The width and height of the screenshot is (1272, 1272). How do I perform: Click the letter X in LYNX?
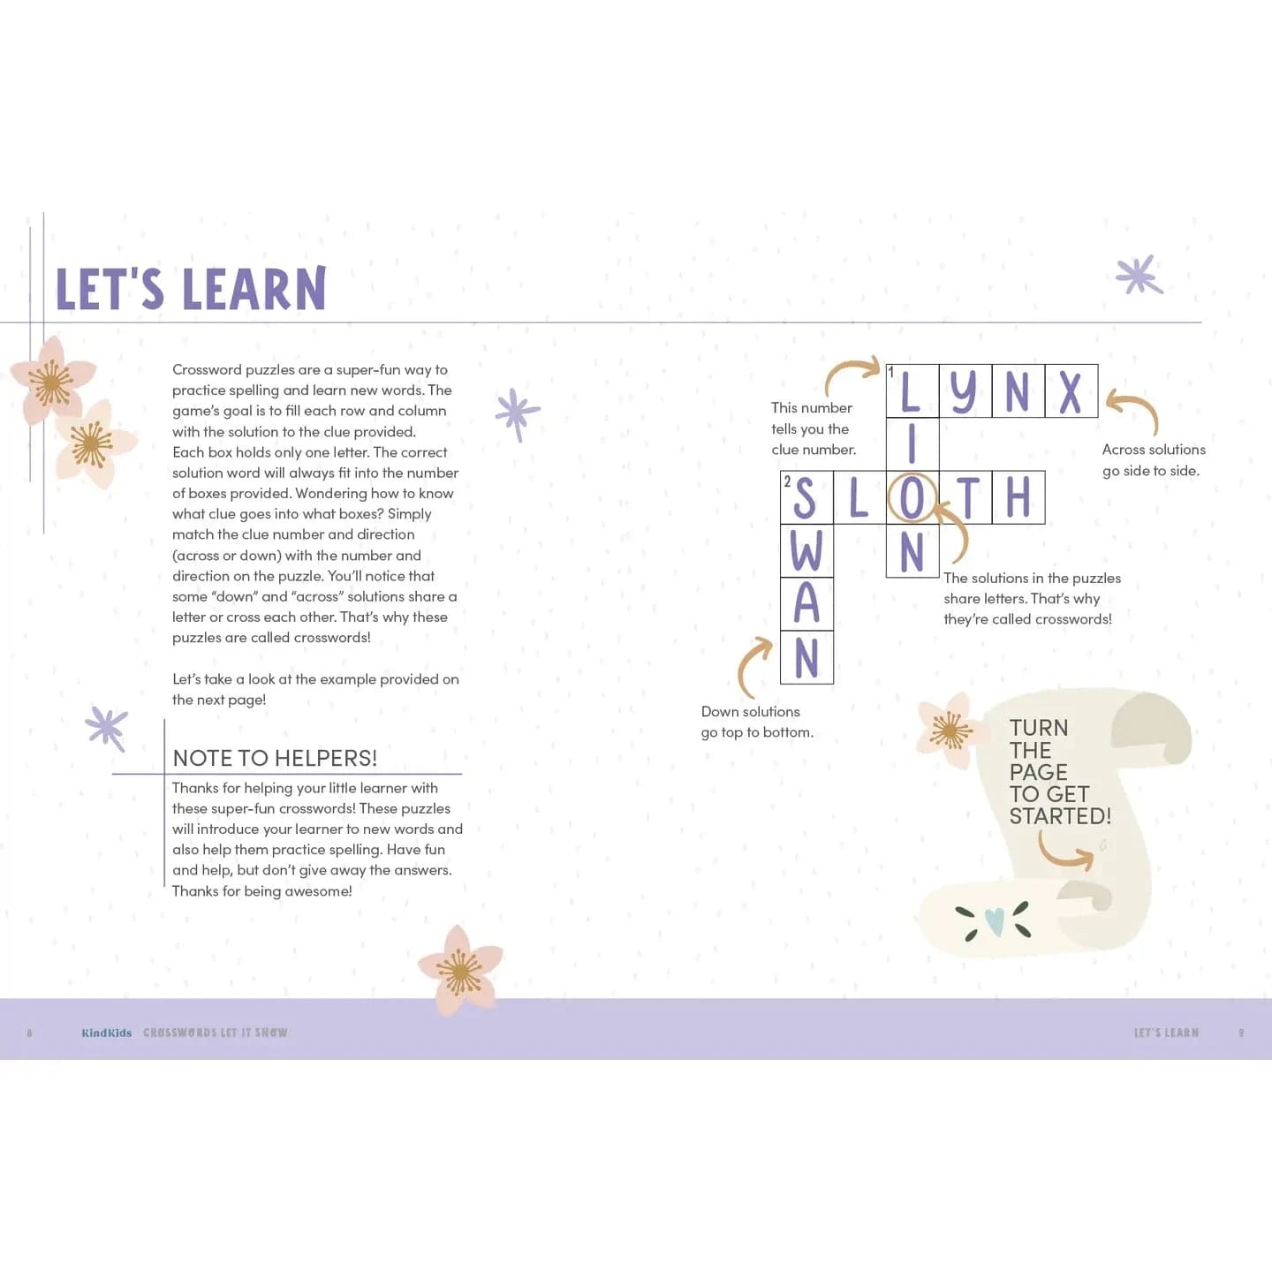(x=1071, y=391)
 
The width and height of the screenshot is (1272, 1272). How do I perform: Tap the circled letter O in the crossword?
(x=912, y=497)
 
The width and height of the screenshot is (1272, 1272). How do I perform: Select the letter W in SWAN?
(x=806, y=551)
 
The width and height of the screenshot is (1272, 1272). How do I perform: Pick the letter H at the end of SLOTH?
(x=1018, y=497)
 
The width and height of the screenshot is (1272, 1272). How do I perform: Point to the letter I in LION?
(x=912, y=444)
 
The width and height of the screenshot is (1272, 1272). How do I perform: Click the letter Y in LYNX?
(x=964, y=391)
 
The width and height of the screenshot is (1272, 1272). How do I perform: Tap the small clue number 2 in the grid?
(x=787, y=481)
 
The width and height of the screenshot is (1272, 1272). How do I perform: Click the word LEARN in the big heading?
(x=254, y=289)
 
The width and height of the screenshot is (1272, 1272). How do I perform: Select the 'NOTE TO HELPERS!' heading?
(x=275, y=758)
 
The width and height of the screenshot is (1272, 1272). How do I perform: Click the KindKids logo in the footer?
(x=106, y=1033)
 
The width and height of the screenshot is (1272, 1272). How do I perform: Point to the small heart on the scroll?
(x=995, y=921)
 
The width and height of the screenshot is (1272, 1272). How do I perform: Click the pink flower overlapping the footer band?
(x=459, y=970)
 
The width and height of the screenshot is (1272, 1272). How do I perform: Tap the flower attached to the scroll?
(x=949, y=731)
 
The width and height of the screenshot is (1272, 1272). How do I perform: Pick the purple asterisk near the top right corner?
(x=1139, y=276)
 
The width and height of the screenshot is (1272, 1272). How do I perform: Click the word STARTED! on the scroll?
(x=1060, y=816)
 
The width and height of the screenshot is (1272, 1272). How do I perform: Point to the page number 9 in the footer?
(x=1241, y=1033)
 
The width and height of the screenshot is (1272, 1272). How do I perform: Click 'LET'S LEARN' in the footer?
(x=1166, y=1033)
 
